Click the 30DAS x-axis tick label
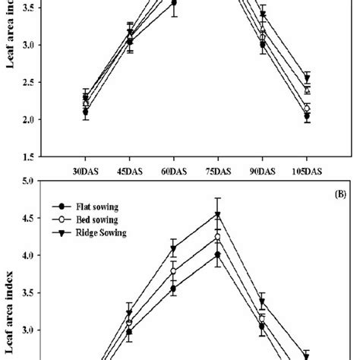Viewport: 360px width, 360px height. pyautogui.click(x=86, y=172)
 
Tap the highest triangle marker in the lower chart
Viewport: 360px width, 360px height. pyautogui.click(x=218, y=215)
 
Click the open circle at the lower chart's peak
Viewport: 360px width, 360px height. pyautogui.click(x=218, y=238)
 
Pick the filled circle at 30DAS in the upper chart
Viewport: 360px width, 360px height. pyautogui.click(x=86, y=112)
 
